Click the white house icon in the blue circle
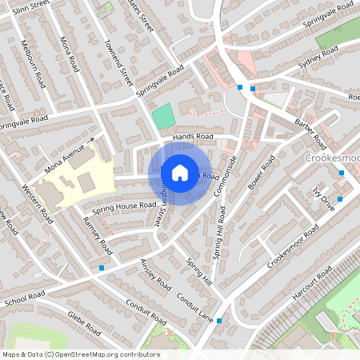click(x=179, y=171)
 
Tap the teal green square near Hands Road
click(x=163, y=115)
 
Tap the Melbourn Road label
click(x=36, y=56)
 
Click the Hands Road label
click(x=194, y=138)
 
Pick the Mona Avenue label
click(x=65, y=157)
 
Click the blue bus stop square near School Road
click(x=101, y=268)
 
